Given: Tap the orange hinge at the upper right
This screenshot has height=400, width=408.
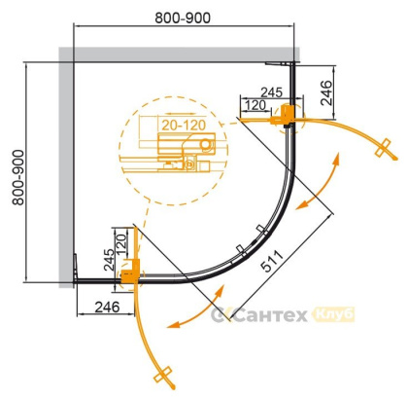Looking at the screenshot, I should [288, 115].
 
